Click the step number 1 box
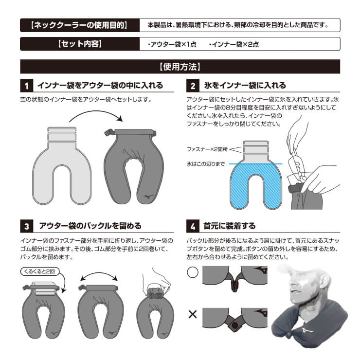27,86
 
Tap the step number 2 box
193,86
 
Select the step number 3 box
27,226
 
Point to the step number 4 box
193,226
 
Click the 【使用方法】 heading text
180,67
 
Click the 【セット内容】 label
80,44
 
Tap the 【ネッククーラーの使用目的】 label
79,25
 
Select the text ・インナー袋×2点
234,44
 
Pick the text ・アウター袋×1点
172,44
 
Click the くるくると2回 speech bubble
40,271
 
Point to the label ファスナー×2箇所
207,149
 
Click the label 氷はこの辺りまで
206,163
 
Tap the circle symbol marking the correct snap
193,272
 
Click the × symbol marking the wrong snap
193,314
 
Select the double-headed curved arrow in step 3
99,273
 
